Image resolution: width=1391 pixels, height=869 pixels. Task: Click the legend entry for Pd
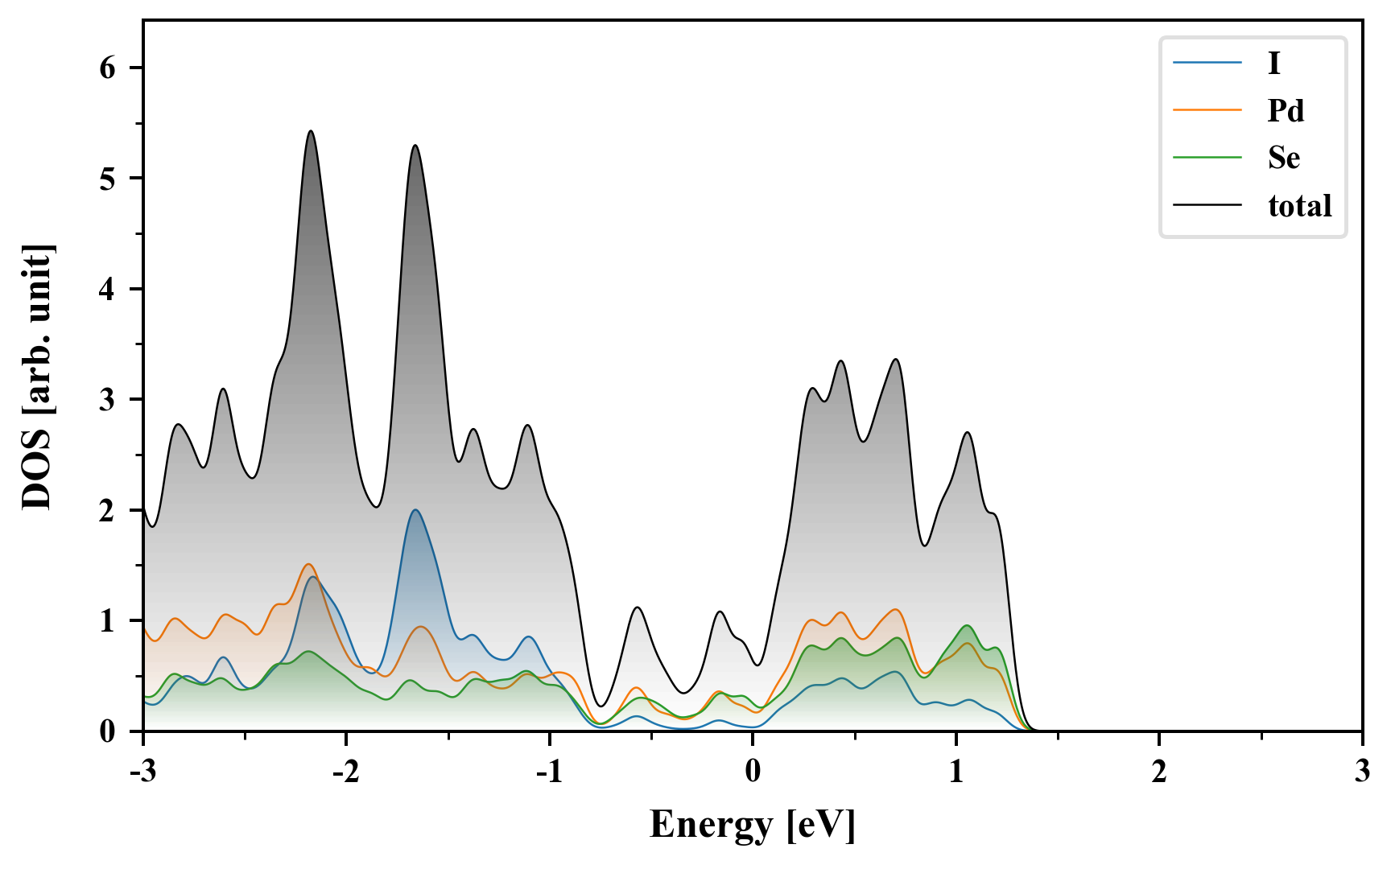click(x=1286, y=110)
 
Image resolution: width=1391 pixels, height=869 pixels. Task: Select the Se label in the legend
click(x=1284, y=158)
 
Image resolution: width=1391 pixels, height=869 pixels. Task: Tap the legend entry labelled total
click(x=1300, y=206)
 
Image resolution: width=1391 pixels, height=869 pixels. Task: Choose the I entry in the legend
click(x=1273, y=63)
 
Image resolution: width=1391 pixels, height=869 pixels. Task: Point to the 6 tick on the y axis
click(x=108, y=68)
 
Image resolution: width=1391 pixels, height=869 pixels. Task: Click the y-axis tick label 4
click(x=108, y=289)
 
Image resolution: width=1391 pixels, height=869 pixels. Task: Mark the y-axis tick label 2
click(x=108, y=510)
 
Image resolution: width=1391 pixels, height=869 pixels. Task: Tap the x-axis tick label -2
click(x=346, y=772)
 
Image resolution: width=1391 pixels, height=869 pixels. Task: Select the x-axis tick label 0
click(x=753, y=772)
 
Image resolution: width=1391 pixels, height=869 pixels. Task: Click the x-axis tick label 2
click(x=1158, y=772)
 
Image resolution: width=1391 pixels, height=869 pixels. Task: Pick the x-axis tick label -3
click(x=143, y=772)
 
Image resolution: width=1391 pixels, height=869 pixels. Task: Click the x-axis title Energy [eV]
click(x=753, y=825)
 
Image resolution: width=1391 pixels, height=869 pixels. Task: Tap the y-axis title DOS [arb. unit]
click(x=37, y=377)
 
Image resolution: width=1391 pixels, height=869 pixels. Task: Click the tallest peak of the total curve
click(x=311, y=131)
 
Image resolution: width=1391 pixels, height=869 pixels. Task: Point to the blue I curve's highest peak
click(x=415, y=510)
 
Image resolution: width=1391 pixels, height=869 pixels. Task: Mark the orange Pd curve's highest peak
click(x=309, y=564)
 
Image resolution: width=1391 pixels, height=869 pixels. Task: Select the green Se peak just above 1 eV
click(x=968, y=625)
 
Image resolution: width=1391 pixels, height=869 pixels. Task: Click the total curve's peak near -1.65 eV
click(x=415, y=146)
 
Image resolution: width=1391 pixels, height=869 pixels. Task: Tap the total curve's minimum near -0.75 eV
click(x=600, y=706)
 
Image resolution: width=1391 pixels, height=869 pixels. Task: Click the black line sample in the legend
click(x=1207, y=206)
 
